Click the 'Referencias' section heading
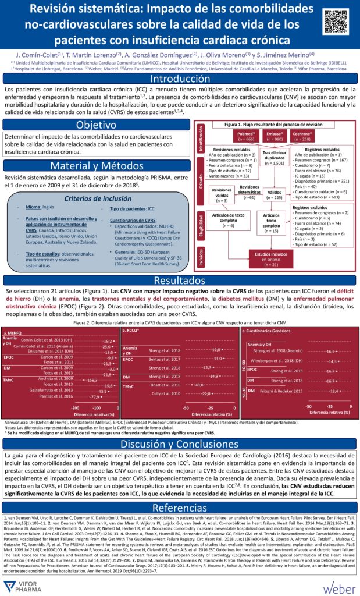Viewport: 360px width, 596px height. click(x=180, y=507)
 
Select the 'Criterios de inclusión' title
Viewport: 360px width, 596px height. click(x=96, y=199)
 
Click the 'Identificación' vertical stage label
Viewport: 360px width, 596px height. click(x=201, y=139)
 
